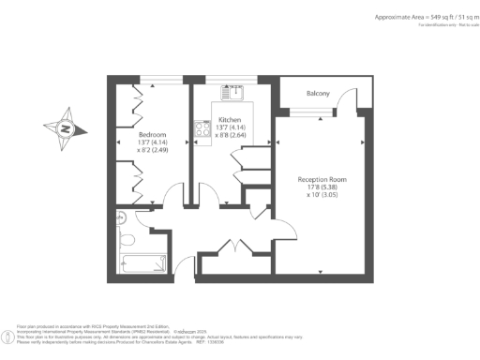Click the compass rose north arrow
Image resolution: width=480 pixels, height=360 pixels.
point(66,129)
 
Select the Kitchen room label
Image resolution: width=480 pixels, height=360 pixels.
point(230,120)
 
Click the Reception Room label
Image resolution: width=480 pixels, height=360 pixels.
point(322,179)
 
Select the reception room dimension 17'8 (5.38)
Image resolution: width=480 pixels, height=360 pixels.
point(322,187)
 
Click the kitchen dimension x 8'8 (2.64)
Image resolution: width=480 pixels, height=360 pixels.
point(230,135)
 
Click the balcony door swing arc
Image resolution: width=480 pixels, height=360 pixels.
point(346,98)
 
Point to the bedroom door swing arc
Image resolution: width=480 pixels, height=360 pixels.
point(168,199)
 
